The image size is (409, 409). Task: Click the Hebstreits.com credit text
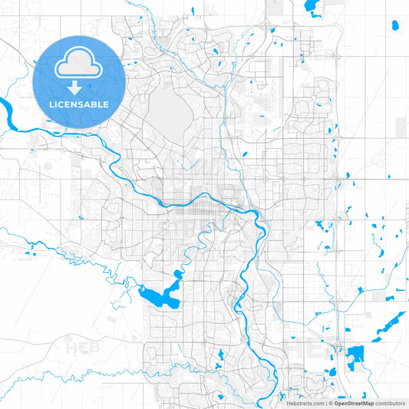(x=304, y=402)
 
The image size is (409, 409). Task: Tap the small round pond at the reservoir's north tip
(x=177, y=273)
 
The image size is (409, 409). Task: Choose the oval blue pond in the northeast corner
(x=395, y=25)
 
